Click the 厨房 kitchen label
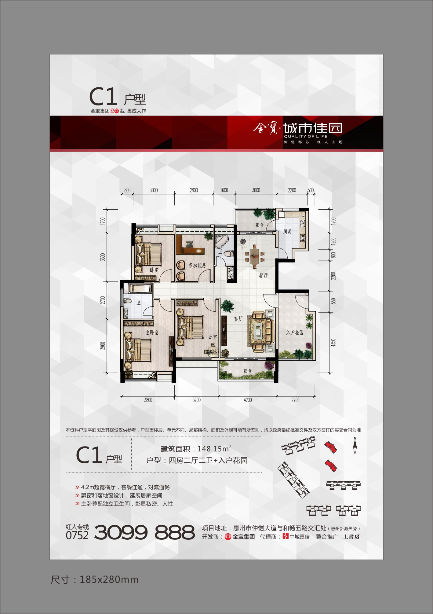point(287,231)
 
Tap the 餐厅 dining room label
point(263,276)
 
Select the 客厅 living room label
point(238,319)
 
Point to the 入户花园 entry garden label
point(295,333)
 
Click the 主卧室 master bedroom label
point(152,332)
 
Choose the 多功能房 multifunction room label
point(197,265)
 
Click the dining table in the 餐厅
point(254,256)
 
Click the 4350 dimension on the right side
point(333,343)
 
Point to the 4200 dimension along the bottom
point(248,400)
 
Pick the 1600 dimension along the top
point(224,190)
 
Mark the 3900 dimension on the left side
point(103,346)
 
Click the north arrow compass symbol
point(355,446)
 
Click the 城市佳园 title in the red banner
point(313,128)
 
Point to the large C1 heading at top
point(103,97)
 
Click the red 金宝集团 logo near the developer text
point(228,537)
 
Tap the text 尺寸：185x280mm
point(95,580)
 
